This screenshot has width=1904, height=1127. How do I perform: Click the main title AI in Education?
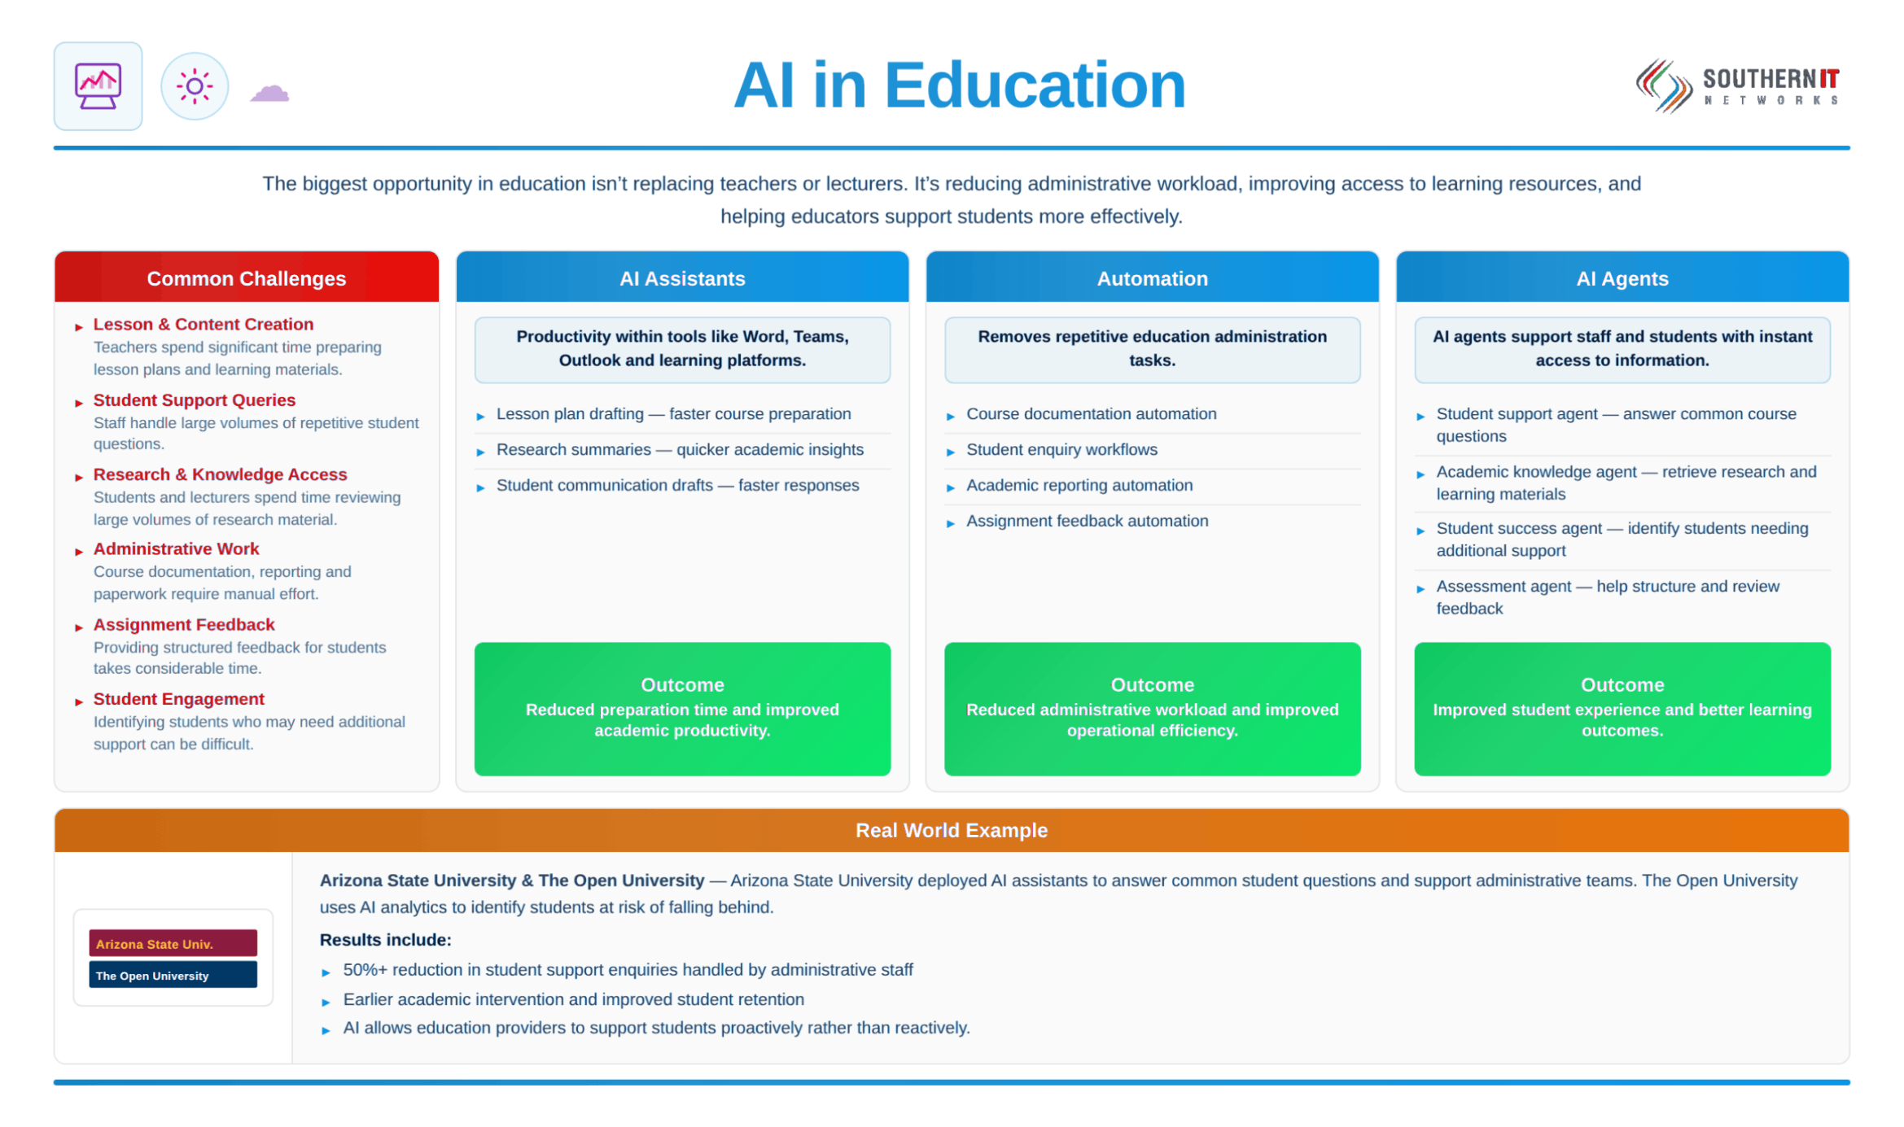(959, 85)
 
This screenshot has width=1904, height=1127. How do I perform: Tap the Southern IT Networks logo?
(1738, 85)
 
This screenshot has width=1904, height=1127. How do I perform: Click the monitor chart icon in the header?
(98, 85)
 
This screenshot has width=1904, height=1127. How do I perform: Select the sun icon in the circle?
(195, 85)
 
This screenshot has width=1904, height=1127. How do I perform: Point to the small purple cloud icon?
(269, 93)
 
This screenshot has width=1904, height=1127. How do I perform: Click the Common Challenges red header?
(247, 277)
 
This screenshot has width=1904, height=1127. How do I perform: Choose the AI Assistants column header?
(682, 277)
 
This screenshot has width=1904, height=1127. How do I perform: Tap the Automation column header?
(1152, 277)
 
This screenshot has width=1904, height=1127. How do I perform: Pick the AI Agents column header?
(1622, 277)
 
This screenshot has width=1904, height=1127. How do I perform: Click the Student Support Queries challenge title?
(195, 400)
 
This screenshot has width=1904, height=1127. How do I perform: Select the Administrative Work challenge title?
(176, 548)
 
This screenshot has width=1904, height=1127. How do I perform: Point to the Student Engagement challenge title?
(178, 699)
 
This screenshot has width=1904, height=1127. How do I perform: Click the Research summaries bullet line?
(680, 449)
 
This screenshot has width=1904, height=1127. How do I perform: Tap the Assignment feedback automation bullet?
(1087, 521)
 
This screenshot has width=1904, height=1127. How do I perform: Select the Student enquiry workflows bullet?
(1061, 449)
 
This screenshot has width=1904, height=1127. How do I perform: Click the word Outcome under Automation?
(1152, 684)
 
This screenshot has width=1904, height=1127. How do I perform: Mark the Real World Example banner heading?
(951, 830)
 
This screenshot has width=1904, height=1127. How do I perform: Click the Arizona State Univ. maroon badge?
(173, 943)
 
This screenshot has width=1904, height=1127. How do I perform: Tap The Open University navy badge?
(173, 975)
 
